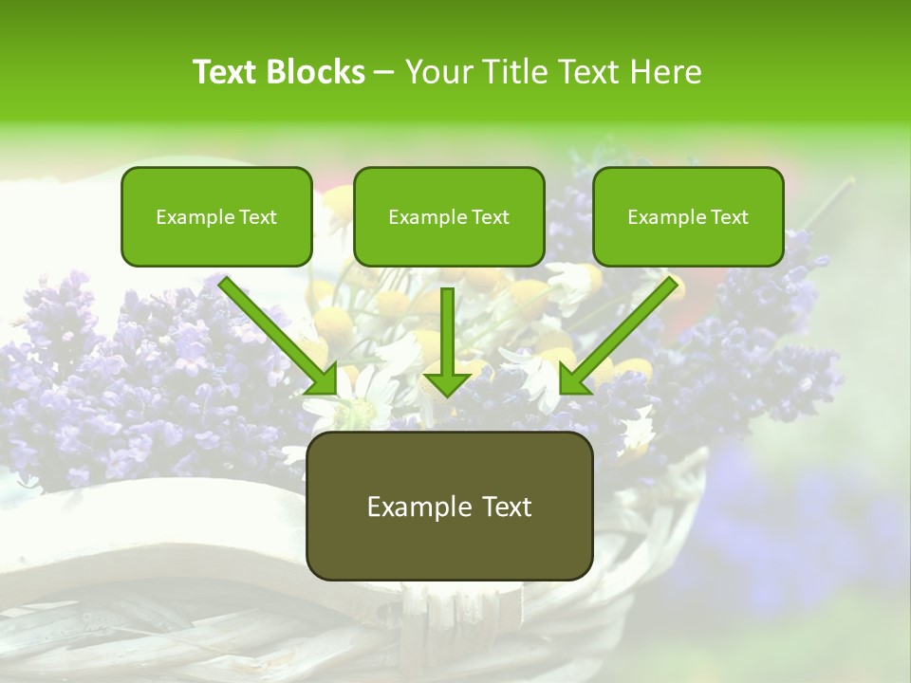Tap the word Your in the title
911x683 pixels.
pyautogui.click(x=438, y=72)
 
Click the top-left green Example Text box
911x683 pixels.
pyautogui.click(x=216, y=216)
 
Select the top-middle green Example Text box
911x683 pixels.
pyautogui.click(x=449, y=216)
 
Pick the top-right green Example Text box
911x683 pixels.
pyautogui.click(x=688, y=216)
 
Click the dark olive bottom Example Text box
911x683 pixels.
pyautogui.click(x=449, y=506)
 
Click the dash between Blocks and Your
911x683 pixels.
pyautogui.click(x=384, y=73)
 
